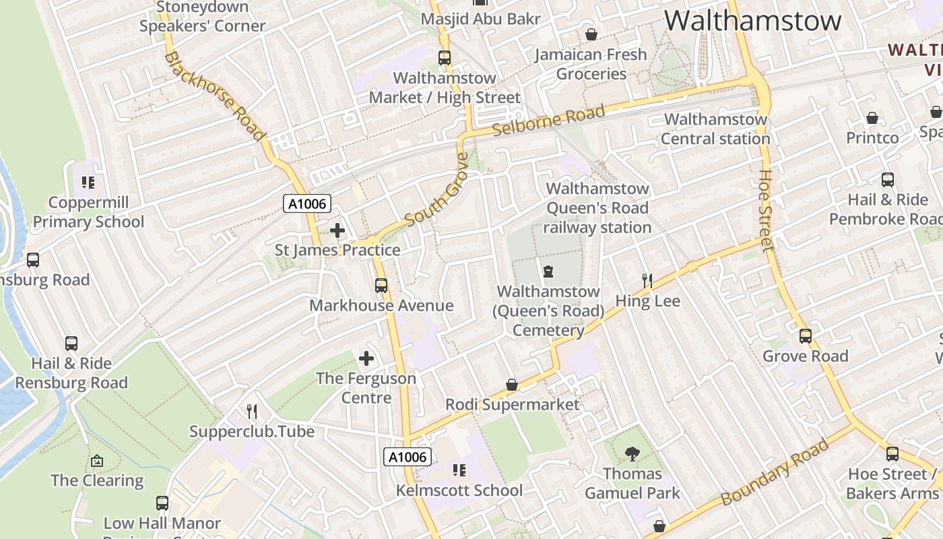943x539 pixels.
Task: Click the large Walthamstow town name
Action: click(752, 21)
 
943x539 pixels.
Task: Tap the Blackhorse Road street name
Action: click(214, 96)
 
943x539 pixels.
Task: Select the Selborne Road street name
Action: click(548, 121)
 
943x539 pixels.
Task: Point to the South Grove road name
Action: click(436, 191)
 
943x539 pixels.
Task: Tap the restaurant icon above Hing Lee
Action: click(647, 280)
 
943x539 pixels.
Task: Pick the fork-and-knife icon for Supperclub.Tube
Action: click(252, 411)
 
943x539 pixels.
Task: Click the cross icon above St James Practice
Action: click(337, 230)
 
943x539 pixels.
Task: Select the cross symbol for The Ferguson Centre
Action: click(366, 358)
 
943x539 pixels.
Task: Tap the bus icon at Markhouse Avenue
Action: click(381, 286)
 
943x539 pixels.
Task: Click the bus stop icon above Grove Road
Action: click(806, 336)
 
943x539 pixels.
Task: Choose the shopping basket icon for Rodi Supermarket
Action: click(512, 385)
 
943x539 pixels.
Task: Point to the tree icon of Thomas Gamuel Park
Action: click(632, 454)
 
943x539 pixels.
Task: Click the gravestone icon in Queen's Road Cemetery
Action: click(548, 272)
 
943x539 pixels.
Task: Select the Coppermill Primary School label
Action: click(88, 212)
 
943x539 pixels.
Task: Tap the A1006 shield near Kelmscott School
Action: click(408, 457)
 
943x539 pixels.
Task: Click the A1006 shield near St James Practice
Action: click(306, 203)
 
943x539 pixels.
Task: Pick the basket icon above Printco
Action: click(872, 119)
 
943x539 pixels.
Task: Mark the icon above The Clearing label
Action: click(97, 461)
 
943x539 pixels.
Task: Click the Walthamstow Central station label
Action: click(715, 129)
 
